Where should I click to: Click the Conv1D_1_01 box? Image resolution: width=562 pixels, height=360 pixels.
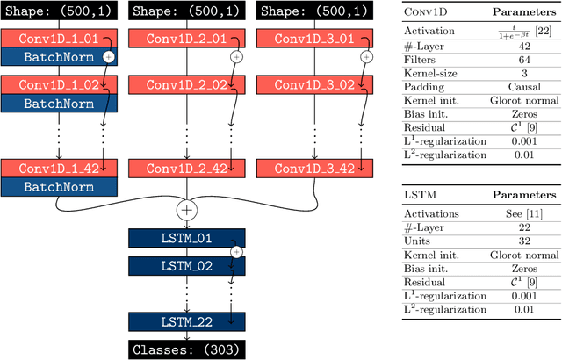coord(57,39)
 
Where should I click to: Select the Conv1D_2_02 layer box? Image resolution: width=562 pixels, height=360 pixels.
coord(186,85)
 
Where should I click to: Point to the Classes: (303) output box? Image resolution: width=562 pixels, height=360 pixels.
coord(186,349)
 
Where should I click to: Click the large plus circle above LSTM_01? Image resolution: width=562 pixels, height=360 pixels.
coord(186,209)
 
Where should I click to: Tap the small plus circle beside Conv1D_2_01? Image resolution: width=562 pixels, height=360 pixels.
coord(235,56)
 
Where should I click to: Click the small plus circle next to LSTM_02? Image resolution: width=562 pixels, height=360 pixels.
coord(235,252)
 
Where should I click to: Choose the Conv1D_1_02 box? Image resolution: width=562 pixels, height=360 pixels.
coord(57,85)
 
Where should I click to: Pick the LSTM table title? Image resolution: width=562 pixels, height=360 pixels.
coord(418,195)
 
